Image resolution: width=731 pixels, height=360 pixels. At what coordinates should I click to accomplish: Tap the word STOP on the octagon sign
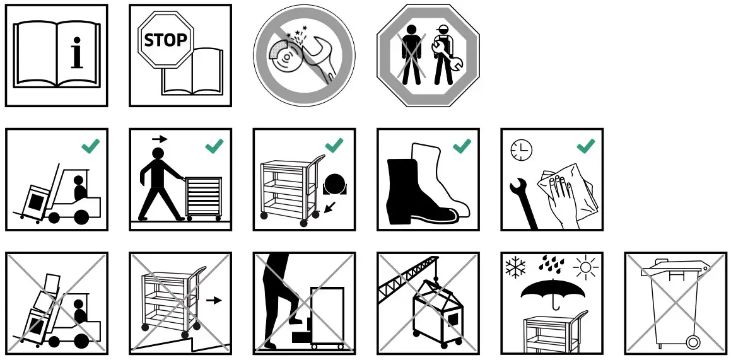[x=165, y=40]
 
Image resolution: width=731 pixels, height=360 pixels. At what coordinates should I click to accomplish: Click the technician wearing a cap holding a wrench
[x=444, y=55]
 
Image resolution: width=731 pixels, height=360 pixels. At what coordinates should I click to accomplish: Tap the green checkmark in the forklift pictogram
[x=91, y=146]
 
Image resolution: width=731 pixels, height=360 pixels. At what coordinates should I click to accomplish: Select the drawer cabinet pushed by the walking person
[x=204, y=198]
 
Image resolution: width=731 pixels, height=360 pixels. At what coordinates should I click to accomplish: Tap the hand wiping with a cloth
[x=561, y=192]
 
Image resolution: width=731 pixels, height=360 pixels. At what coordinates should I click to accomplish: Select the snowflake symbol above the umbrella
[x=516, y=267]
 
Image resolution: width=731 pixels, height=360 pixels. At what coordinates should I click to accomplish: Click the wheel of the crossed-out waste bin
[x=693, y=342]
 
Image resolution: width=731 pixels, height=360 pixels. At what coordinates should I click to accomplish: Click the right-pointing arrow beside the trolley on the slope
[x=214, y=300]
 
